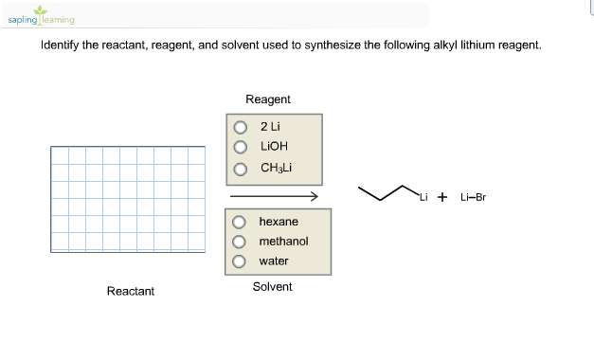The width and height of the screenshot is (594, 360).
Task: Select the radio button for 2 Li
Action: point(241,128)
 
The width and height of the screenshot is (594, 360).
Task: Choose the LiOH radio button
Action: point(241,148)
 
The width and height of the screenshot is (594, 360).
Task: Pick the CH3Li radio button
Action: point(241,169)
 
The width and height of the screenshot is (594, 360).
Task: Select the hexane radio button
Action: point(241,222)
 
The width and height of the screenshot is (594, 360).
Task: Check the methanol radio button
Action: point(241,242)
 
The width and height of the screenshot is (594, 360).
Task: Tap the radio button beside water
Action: point(241,261)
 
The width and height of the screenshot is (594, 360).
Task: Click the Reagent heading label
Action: point(267,99)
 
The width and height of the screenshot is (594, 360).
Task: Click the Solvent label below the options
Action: point(272,286)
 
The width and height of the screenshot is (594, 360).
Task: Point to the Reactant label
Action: point(131,291)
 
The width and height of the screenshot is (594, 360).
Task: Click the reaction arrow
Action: point(272,196)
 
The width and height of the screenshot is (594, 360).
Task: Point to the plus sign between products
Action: point(442,197)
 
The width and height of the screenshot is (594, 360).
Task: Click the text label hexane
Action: point(279,222)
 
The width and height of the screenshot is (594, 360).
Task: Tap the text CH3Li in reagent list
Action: point(275,169)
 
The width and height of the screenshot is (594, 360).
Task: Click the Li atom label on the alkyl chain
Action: point(423,198)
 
